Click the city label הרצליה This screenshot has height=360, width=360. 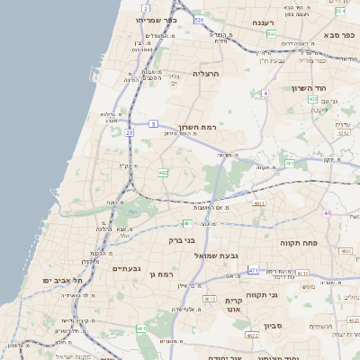pyautogui.click(x=206, y=74)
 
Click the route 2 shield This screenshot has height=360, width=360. pyautogui.click(x=146, y=8)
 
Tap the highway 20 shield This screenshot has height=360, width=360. pyautogui.click(x=130, y=131)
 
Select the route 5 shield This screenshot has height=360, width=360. pyautogui.click(x=154, y=123)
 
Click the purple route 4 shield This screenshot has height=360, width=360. pyautogui.click(x=265, y=93)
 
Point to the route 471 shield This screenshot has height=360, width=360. pyautogui.click(x=254, y=270)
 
